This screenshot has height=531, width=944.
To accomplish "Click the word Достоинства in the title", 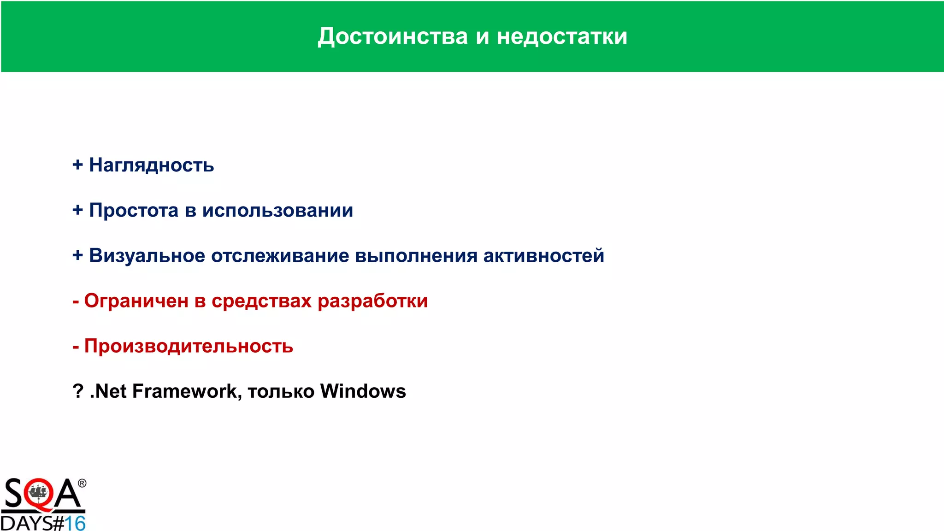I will click(x=393, y=36).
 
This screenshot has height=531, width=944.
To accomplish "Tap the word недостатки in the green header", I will click(x=562, y=36).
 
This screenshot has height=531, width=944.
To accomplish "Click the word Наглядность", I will click(x=152, y=165).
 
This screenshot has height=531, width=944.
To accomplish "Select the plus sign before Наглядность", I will click(x=77, y=165).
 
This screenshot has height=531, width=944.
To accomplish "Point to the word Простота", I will click(x=134, y=210).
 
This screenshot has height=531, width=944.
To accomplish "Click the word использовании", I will click(x=277, y=211).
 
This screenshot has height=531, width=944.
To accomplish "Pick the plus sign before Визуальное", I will click(x=77, y=255).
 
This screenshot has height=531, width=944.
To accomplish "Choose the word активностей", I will click(x=543, y=255).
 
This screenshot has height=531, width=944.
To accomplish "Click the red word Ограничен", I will click(x=136, y=301).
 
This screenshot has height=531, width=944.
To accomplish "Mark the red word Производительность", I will click(x=189, y=346).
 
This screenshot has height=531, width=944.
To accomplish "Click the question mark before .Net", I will click(x=78, y=391).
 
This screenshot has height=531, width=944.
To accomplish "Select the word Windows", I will click(x=363, y=391).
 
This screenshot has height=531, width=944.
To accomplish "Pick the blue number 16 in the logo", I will click(x=75, y=523).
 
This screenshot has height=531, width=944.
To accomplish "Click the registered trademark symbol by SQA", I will click(x=82, y=483).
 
